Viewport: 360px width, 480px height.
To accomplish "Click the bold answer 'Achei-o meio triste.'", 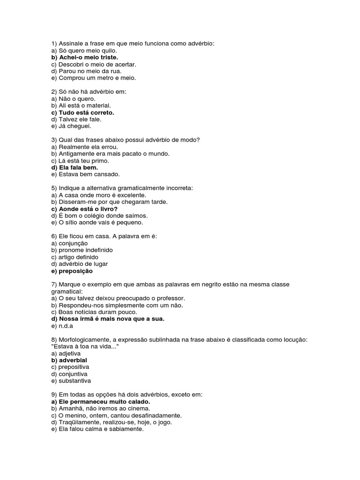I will click(x=85, y=57).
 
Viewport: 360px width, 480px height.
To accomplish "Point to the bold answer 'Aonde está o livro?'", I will click(x=84, y=209).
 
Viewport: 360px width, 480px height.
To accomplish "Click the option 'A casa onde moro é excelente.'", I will click(x=99, y=195).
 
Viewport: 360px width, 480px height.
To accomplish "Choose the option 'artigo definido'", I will click(x=75, y=257).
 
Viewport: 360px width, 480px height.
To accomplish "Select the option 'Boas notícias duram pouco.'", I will click(x=94, y=312).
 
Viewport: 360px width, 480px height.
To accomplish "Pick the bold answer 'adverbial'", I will click(x=69, y=360).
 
